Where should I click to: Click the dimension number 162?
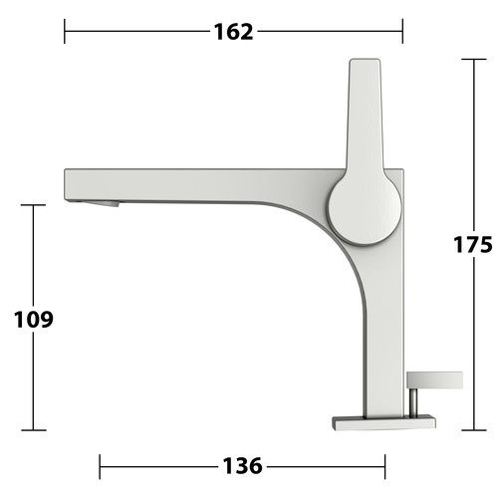(x=233, y=32)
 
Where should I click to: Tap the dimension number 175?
(x=473, y=245)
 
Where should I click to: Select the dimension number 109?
(x=34, y=320)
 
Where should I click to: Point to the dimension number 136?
(x=242, y=466)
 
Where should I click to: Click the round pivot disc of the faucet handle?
(x=365, y=209)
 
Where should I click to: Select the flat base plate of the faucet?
(x=383, y=422)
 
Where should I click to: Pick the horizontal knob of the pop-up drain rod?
(x=434, y=380)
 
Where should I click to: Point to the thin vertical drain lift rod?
(x=413, y=402)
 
